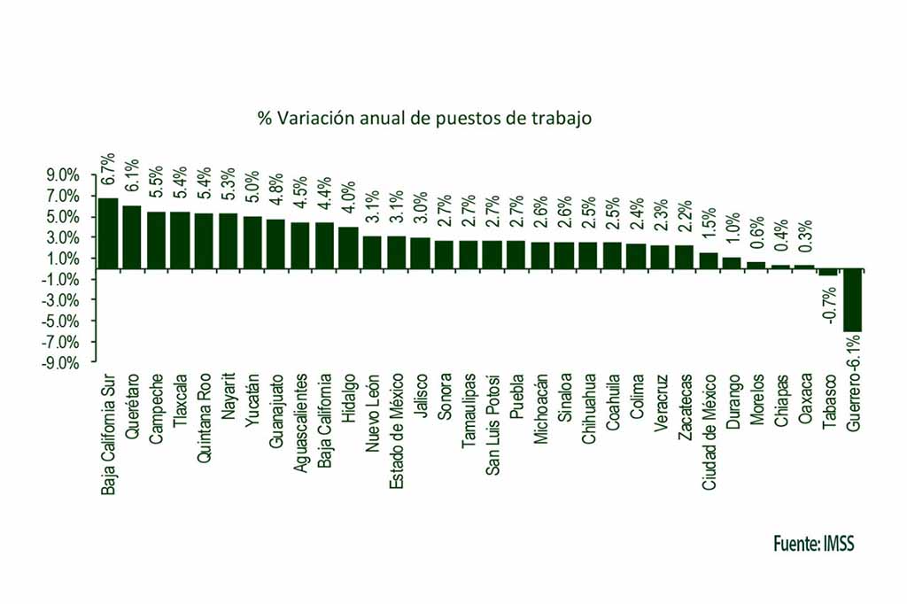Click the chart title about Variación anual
tap(424, 117)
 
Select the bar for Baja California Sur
tap(108, 233)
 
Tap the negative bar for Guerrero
tap(852, 300)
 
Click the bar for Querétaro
tap(132, 236)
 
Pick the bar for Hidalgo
tap(349, 247)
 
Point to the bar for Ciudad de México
tap(709, 260)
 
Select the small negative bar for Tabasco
tap(828, 272)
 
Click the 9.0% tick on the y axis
tap(64, 175)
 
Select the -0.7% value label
tap(829, 304)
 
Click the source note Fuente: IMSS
tap(812, 542)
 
